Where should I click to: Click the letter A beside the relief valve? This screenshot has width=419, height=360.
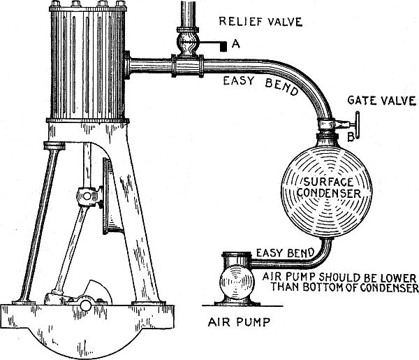236,43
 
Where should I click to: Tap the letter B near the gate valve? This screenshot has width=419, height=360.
351,137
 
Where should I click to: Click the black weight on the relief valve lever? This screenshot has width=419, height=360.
223,47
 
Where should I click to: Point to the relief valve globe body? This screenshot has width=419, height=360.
189,43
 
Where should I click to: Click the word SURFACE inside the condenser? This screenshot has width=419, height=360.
328,182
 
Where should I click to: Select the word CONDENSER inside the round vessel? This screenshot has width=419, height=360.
329,193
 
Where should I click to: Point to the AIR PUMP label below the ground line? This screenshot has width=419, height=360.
239,322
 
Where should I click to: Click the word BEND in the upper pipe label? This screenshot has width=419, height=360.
281,87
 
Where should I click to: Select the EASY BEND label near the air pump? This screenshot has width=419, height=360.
285,253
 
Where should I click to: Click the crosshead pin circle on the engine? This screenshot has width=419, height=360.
87,196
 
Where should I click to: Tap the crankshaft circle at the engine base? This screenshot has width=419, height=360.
86,305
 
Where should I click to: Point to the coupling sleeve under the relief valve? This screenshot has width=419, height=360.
188,66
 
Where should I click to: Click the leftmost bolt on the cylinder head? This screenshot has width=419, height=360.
55,3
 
